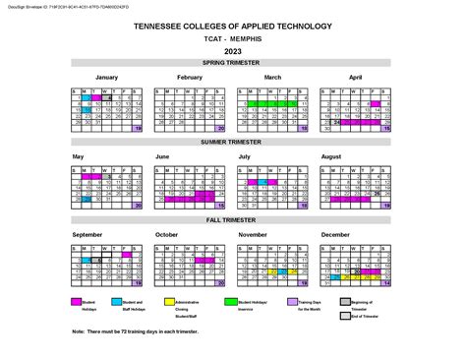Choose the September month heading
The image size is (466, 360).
(87, 235)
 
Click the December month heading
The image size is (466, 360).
(335, 235)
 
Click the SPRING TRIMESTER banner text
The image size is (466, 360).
(232, 61)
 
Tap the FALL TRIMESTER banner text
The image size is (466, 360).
(232, 221)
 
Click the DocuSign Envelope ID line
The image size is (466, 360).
(54, 5)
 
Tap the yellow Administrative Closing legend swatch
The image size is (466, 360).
(183, 301)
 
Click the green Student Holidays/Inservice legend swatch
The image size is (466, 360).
(232, 301)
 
